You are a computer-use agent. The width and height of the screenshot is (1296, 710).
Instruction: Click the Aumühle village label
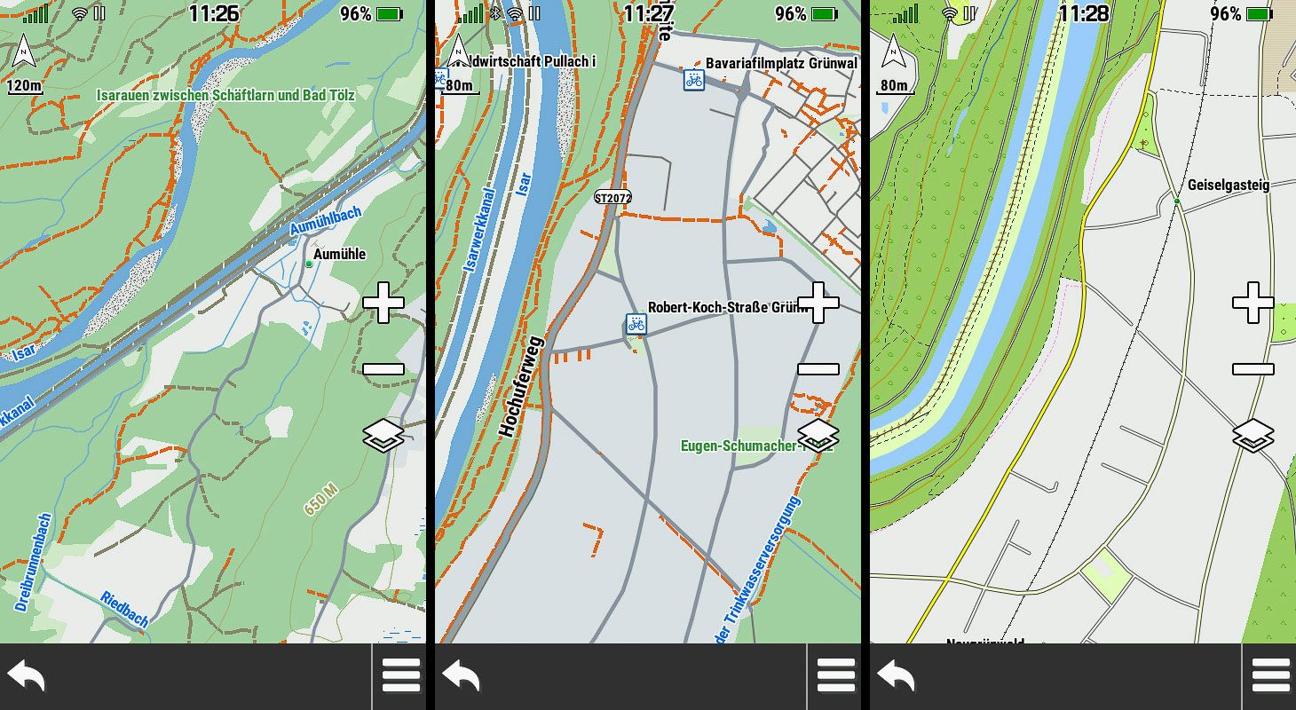pos(340,255)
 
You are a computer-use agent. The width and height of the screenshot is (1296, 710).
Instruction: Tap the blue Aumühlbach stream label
pos(325,221)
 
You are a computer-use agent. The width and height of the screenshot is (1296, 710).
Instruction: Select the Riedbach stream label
pos(124,609)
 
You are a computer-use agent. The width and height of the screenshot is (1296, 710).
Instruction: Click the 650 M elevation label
pos(320,501)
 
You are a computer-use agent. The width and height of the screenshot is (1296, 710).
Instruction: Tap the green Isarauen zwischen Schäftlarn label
pos(225,95)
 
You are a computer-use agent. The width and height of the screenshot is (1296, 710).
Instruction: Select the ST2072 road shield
pos(612,197)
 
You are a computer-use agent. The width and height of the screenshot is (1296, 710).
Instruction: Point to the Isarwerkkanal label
pos(479,230)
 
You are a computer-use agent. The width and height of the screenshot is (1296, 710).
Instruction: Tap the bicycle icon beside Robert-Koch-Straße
pos(636,324)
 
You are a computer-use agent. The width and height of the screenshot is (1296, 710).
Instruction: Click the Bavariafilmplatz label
pos(782,64)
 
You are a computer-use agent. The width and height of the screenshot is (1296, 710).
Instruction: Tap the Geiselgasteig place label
pos(1229,185)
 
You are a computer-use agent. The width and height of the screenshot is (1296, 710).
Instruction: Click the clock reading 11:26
pos(214,13)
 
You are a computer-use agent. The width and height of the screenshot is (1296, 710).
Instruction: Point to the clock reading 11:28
pos(1084,13)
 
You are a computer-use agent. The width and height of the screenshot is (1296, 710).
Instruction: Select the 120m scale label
pos(25,86)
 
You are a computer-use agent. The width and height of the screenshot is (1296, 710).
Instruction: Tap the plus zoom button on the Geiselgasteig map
pos(1253,303)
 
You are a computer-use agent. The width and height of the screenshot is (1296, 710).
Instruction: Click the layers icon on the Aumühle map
pos(383,437)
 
